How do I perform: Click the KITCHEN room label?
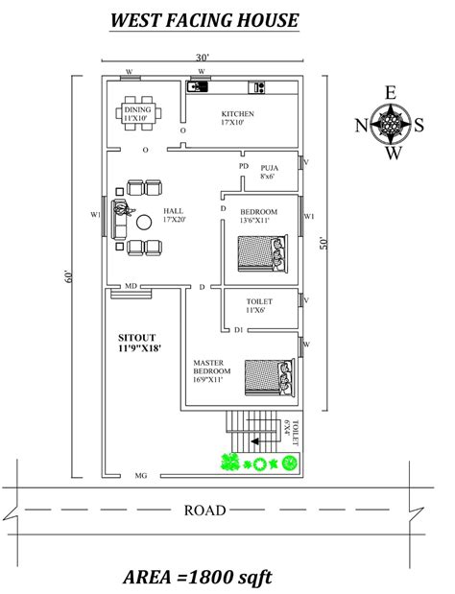[237, 113]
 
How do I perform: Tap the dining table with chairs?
[138, 113]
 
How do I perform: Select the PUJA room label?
[270, 168]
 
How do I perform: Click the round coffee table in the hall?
[144, 222]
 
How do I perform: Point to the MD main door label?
[131, 286]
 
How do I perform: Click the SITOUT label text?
[136, 338]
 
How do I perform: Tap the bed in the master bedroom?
[270, 377]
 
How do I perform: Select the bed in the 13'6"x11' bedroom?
[263, 253]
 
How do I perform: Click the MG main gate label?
[141, 475]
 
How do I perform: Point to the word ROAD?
[205, 511]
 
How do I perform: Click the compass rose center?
[391, 124]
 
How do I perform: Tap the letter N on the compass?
[362, 125]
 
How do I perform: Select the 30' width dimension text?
[203, 58]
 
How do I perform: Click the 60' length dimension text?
[68, 276]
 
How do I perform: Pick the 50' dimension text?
[323, 243]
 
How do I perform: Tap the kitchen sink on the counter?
[198, 86]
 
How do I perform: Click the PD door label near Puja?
[244, 166]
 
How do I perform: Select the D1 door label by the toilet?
[239, 330]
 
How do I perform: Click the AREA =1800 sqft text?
[198, 578]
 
